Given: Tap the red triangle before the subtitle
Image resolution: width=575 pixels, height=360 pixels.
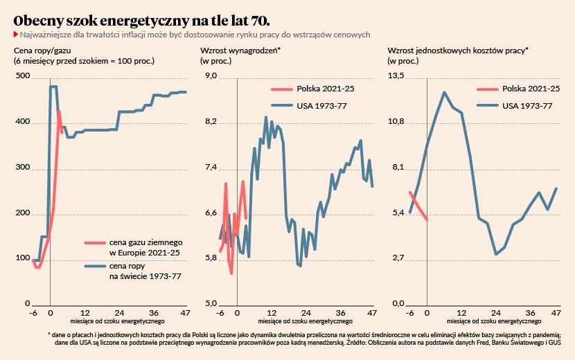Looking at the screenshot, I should [x=16, y=34].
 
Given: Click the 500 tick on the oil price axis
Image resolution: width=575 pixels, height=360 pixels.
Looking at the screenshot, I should [x=22, y=76].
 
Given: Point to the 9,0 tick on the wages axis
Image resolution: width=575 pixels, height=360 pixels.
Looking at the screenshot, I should [x=210, y=76].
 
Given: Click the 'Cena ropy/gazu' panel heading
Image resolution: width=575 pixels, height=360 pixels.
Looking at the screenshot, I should [x=42, y=51].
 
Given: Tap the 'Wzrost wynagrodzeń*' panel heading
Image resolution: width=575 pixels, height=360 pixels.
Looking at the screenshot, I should [x=240, y=51].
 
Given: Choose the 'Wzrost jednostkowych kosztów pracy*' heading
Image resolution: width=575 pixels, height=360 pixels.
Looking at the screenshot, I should [x=458, y=51].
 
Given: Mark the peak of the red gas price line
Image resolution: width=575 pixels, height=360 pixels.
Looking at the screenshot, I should [x=59, y=111].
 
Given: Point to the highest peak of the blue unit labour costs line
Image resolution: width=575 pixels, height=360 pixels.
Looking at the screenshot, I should [x=444, y=93].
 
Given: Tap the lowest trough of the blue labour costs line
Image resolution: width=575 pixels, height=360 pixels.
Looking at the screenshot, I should [x=496, y=254].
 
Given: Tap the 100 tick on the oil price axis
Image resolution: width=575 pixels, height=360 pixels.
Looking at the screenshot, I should [x=22, y=259].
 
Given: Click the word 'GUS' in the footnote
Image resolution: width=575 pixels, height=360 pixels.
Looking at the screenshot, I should [x=552, y=342].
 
